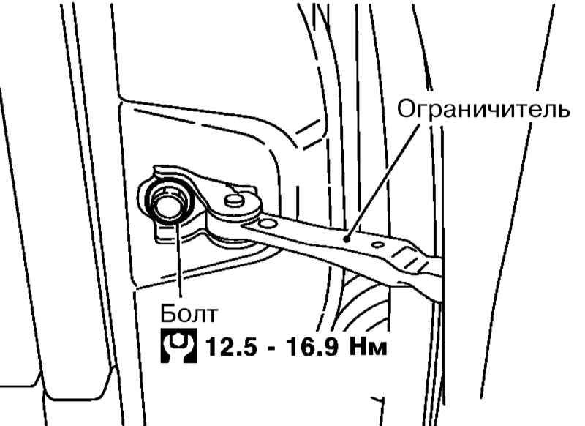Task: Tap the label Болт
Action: (189, 314)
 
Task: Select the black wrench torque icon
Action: (178, 345)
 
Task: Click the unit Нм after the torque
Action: (369, 347)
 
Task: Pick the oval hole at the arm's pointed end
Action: (266, 224)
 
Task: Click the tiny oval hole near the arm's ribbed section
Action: (377, 244)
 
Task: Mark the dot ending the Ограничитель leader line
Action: (347, 237)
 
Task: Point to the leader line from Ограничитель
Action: (383, 180)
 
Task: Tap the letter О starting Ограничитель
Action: (406, 110)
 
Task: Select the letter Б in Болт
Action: (167, 314)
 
